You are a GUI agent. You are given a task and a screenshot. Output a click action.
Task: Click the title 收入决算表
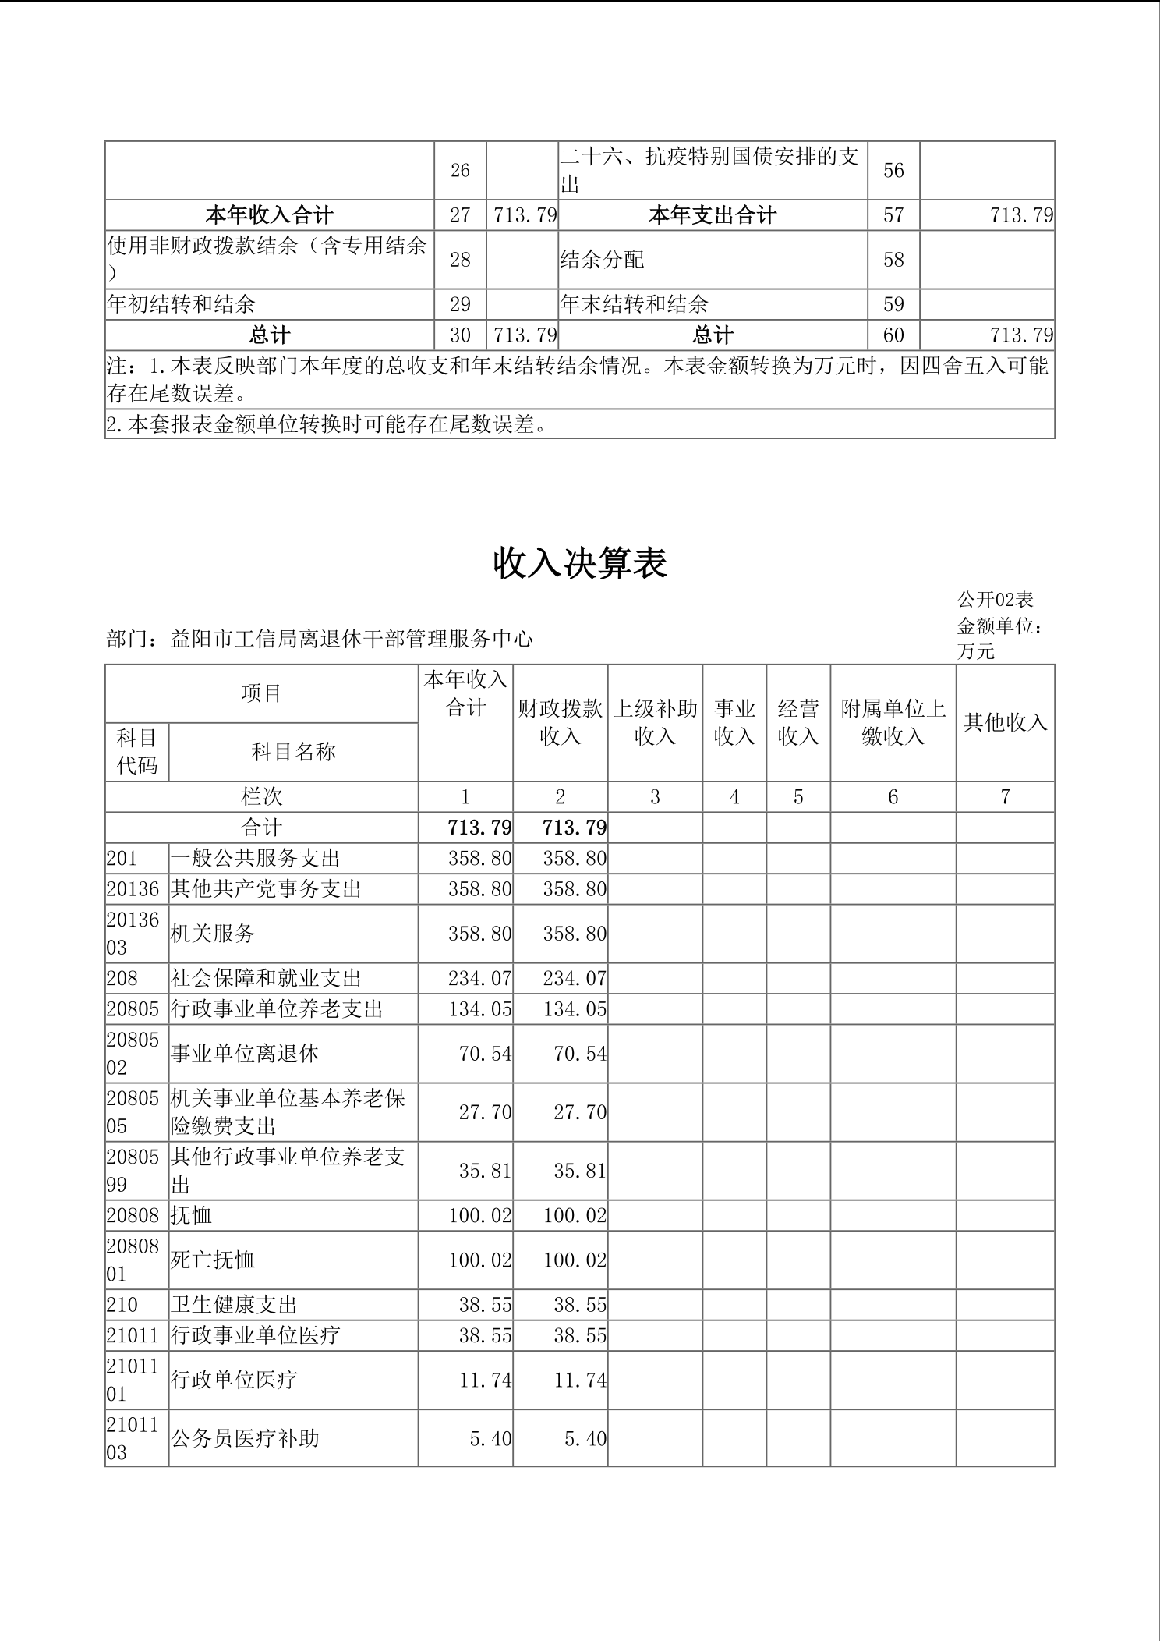click(x=580, y=564)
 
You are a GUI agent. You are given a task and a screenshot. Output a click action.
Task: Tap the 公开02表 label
click(x=996, y=600)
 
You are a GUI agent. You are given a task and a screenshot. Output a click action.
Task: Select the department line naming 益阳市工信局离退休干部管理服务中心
click(x=320, y=640)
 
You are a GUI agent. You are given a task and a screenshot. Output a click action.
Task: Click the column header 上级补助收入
click(x=655, y=722)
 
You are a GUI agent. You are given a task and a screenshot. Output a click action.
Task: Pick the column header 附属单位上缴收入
click(x=893, y=722)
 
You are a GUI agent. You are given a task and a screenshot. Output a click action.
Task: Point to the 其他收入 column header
click(x=1005, y=722)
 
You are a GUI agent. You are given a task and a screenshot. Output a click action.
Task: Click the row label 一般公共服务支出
click(x=256, y=859)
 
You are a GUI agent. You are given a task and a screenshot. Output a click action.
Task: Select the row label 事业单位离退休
click(x=245, y=1054)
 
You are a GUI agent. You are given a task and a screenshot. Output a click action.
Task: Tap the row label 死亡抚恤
click(x=213, y=1260)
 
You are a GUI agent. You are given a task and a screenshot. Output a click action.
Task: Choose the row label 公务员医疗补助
click(x=245, y=1438)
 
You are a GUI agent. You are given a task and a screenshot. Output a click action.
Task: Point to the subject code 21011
click(x=133, y=1335)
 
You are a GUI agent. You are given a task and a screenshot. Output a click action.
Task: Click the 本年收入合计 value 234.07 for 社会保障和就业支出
click(x=479, y=979)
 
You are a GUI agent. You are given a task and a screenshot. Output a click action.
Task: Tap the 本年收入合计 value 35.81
click(x=485, y=1171)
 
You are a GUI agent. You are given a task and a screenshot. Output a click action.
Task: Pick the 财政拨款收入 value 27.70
click(x=579, y=1112)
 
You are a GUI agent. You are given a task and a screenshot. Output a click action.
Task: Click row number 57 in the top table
click(x=893, y=215)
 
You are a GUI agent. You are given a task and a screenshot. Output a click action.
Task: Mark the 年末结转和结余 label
click(x=634, y=304)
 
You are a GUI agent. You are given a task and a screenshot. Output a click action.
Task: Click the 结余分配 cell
click(x=602, y=260)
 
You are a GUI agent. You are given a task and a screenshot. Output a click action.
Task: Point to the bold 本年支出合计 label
click(x=713, y=215)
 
